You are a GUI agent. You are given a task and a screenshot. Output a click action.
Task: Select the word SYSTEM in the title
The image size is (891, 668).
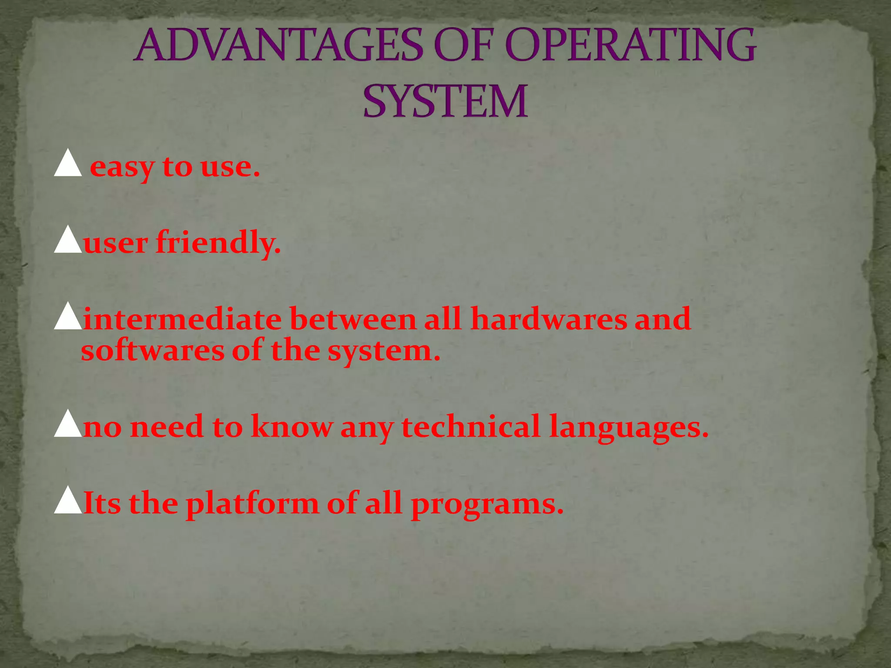(445, 102)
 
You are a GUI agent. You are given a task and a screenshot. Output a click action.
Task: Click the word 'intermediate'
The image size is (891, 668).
(183, 319)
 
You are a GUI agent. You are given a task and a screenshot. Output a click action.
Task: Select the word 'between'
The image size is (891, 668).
(353, 319)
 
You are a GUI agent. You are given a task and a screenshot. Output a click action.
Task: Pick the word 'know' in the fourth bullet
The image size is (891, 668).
(291, 426)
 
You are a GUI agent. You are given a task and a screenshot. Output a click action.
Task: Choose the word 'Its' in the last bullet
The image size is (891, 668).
(102, 503)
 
